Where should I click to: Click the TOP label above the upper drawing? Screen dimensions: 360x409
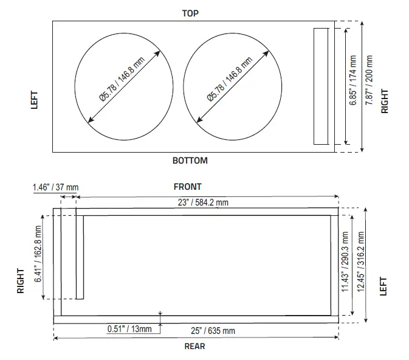pyautogui.click(x=190, y=13)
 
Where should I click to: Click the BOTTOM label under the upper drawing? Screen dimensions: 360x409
pyautogui.click(x=190, y=161)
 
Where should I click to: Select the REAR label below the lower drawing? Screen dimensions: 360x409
pyautogui.click(x=194, y=346)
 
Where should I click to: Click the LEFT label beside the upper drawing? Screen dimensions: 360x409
pyautogui.click(x=35, y=100)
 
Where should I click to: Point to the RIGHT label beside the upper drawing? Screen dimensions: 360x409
pyautogui.click(x=385, y=102)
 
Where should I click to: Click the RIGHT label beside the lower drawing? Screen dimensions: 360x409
pyautogui.click(x=21, y=281)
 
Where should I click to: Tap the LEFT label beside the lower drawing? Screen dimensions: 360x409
pyautogui.click(x=383, y=286)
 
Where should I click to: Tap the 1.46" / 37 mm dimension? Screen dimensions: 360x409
pyautogui.click(x=55, y=189)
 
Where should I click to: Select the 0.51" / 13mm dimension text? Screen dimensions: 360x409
pyautogui.click(x=130, y=328)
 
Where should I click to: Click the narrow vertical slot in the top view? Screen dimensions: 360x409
pyautogui.click(x=320, y=86)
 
